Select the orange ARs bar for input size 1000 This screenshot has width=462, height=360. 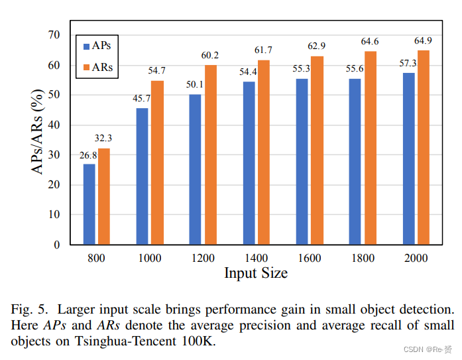click(x=157, y=162)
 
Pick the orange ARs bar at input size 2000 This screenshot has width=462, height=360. click(x=423, y=147)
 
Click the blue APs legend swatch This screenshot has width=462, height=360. click(x=86, y=47)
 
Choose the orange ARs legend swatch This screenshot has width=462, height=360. click(x=86, y=67)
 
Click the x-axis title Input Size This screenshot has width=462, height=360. click(x=255, y=273)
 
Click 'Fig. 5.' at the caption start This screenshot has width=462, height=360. click(x=29, y=309)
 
